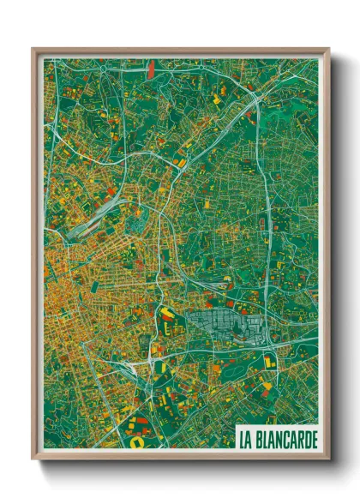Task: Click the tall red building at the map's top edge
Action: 150,68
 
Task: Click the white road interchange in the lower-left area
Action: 137,364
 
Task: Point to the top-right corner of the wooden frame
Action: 328,50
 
